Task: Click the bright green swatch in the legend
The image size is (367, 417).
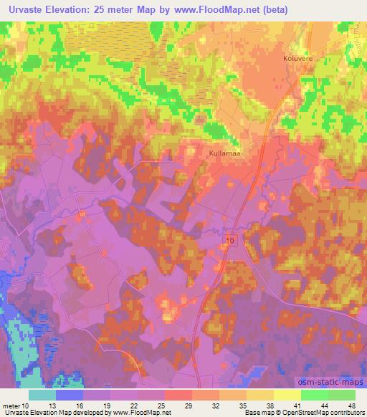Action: point(315,395)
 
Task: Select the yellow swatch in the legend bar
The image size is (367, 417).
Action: point(287,395)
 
